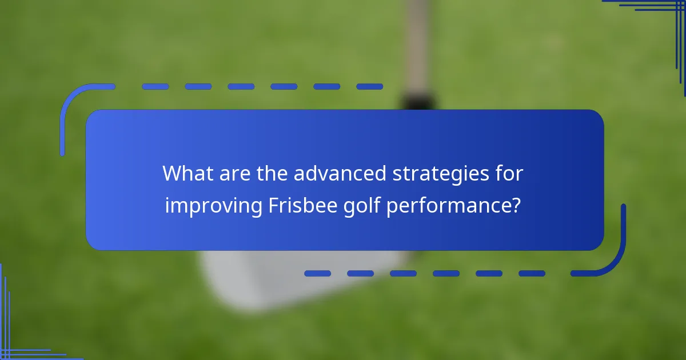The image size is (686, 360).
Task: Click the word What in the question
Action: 186,174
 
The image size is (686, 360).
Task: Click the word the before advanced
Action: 272,174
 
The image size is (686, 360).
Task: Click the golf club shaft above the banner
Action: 417,46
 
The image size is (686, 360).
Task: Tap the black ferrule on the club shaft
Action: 417,102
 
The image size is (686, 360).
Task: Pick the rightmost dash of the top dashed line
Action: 369,87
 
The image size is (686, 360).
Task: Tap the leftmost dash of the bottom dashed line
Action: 317,274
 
